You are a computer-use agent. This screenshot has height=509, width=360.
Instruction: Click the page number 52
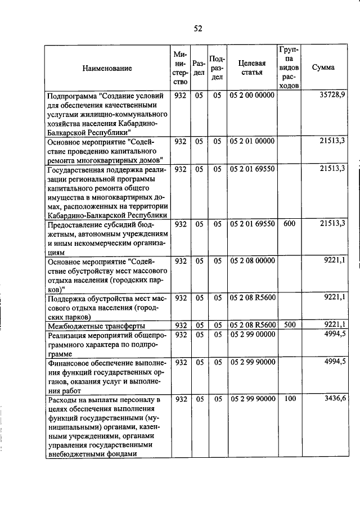(x=197, y=29)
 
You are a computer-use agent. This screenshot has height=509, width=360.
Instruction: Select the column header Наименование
(x=107, y=68)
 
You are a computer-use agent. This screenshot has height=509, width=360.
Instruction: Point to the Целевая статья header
(x=252, y=67)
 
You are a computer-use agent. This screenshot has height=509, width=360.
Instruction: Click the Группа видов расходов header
(x=289, y=67)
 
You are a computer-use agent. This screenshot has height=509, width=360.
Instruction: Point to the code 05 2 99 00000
(x=252, y=335)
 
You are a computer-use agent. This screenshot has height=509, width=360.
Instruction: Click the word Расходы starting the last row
(x=62, y=399)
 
